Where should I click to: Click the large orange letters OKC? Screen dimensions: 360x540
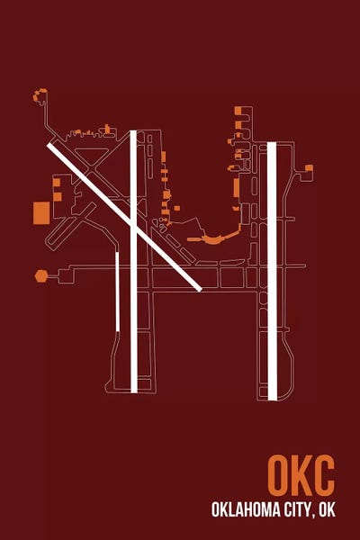[x=301, y=475]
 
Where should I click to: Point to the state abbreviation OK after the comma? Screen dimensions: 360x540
[x=327, y=509]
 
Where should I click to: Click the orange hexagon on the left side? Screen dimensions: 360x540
[x=41, y=276]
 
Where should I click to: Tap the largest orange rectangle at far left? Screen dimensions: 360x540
[x=41, y=213]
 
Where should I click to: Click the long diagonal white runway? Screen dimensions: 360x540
[x=124, y=217]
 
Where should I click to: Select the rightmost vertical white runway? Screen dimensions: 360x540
[x=272, y=271]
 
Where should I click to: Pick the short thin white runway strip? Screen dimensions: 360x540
[x=118, y=292]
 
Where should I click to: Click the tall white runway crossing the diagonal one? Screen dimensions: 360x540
[x=134, y=261]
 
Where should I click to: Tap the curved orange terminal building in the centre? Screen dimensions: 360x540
[x=213, y=237]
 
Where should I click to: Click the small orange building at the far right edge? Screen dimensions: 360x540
[x=309, y=167]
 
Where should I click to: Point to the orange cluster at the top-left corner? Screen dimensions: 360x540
[x=40, y=94]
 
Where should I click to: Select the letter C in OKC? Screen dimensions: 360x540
[x=323, y=475]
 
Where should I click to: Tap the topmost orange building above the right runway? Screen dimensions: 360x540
[x=238, y=111]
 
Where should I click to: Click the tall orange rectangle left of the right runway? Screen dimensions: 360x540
[x=237, y=188]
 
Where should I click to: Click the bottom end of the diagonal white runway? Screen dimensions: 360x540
[x=200, y=290]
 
